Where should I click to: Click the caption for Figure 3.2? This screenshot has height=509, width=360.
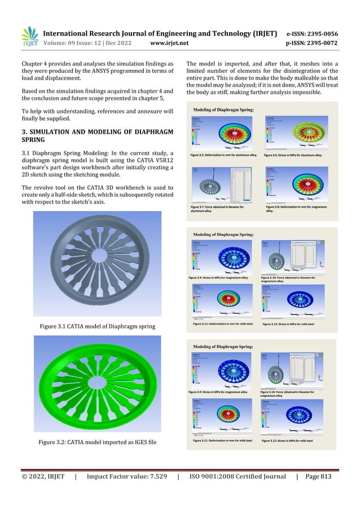(98, 441)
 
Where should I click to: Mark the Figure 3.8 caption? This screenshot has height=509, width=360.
(293, 209)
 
